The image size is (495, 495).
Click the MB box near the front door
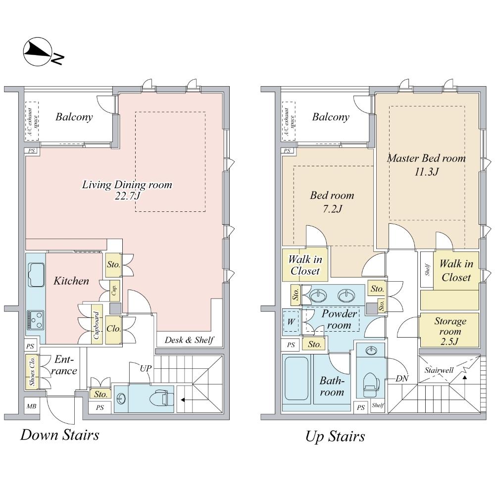[x=31, y=406]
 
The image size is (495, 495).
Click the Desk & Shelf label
[x=189, y=340]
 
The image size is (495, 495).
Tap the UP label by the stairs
[x=146, y=369]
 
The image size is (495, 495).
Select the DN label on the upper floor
[x=402, y=378]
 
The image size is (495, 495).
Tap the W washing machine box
[x=291, y=321]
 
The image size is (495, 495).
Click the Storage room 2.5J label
[x=450, y=330]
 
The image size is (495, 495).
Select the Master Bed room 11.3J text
[x=426, y=165]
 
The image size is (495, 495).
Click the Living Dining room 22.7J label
[x=127, y=190]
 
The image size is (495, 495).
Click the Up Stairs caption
[x=335, y=436]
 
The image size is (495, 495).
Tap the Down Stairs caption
[x=59, y=435]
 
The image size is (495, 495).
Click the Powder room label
[x=340, y=320]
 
